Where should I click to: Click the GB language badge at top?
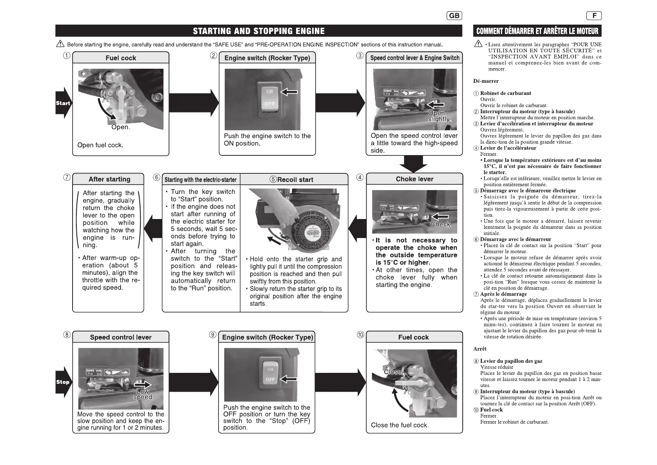pyautogui.click(x=454, y=16)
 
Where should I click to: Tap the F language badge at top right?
pyautogui.click(x=594, y=16)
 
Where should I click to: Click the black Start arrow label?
pyautogui.click(x=63, y=103)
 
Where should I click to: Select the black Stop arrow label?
pyautogui.click(x=62, y=382)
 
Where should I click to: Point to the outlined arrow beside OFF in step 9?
pyautogui.click(x=288, y=379)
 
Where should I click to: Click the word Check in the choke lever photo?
pyautogui.click(x=440, y=224)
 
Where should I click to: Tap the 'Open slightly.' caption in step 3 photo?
pyautogui.click(x=439, y=116)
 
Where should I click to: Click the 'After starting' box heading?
pyautogui.click(x=109, y=179)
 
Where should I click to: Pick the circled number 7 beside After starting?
pyautogui.click(x=67, y=178)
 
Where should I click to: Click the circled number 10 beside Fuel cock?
pyautogui.click(x=360, y=335)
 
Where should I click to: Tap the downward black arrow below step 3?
pyautogui.click(x=414, y=163)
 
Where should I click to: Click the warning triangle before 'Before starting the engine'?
pyautogui.click(x=60, y=44)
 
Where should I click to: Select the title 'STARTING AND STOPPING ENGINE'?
pyautogui.click(x=259, y=31)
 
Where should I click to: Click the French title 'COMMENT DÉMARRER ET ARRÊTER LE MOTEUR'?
pyautogui.click(x=537, y=31)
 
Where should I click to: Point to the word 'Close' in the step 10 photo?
pyautogui.click(x=392, y=372)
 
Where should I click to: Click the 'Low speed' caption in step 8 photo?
pyautogui.click(x=142, y=394)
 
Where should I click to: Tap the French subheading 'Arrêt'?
pyautogui.click(x=480, y=349)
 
